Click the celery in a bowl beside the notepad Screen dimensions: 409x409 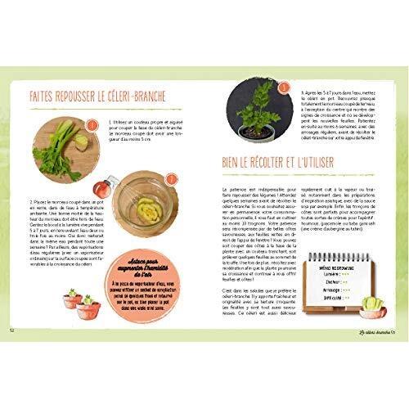(371, 306)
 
